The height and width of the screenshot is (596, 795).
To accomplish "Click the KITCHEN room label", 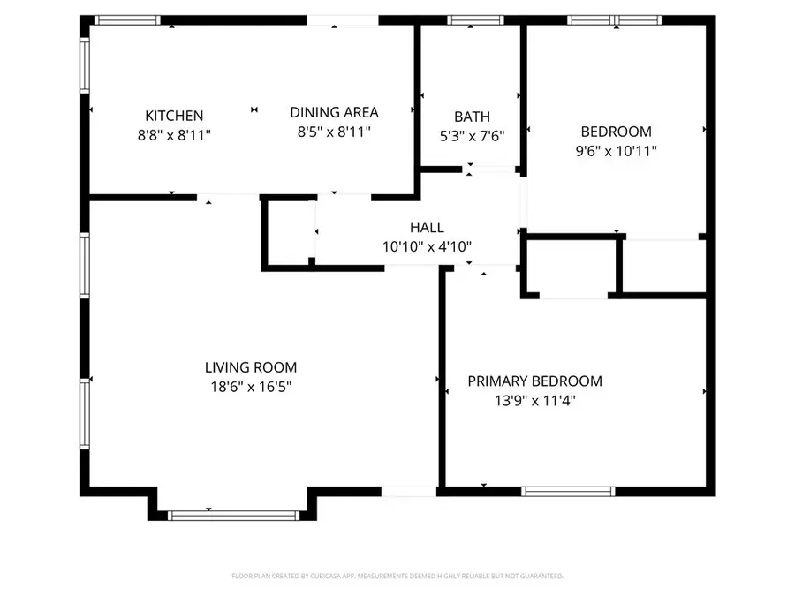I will point(174,116).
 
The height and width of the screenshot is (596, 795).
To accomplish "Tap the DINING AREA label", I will point(334,112).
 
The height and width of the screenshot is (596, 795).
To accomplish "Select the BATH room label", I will point(472,117).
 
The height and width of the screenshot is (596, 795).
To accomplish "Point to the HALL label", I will point(427,228).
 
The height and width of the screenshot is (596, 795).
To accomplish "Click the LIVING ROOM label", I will point(251,367).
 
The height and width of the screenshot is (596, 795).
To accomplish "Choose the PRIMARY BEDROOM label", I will point(534,381).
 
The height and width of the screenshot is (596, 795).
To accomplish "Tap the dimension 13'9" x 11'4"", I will point(534,400).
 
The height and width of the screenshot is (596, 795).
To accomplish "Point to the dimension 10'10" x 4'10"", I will point(427,247).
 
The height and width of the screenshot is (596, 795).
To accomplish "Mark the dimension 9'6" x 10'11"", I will point(616,151).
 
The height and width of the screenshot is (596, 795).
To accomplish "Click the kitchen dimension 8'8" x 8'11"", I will point(174,135).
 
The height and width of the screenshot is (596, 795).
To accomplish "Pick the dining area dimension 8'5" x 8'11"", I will point(334,132).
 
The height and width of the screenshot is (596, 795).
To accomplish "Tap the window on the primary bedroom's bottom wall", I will point(568,491).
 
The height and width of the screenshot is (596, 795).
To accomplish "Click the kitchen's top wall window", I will point(127,19).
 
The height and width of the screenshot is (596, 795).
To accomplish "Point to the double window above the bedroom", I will point(614,19).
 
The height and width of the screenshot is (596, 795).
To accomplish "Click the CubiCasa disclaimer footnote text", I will point(397,576).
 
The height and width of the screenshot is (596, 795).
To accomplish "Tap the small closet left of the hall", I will point(289,231).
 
